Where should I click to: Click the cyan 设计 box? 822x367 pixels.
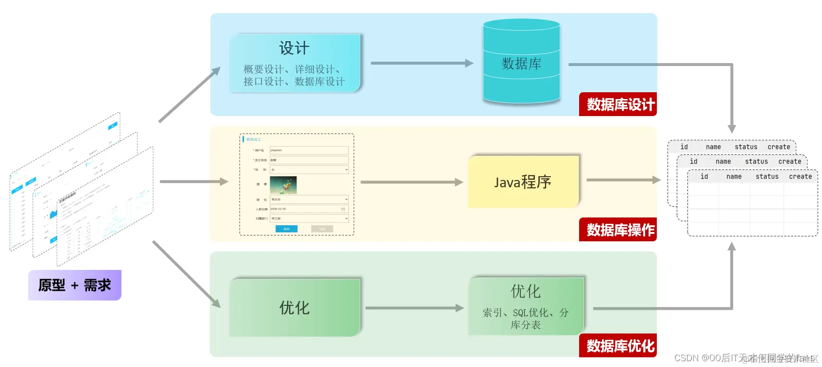pos(295,63)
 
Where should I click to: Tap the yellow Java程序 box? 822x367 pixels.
pos(523,182)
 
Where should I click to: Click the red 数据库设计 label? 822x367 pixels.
pos(618,104)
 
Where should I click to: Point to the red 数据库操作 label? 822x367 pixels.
pos(618,230)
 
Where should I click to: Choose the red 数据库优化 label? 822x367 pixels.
pos(618,346)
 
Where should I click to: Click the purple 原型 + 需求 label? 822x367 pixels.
pos(75,285)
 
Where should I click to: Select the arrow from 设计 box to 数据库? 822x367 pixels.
pos(421,63)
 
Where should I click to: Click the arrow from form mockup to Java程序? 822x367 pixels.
pos(411,182)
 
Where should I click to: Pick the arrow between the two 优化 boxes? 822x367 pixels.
pos(414,308)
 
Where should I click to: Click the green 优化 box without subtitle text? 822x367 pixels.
pos(295,308)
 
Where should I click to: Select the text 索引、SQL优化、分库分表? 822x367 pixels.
pos(526,318)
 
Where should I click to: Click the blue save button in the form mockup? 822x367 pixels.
pos(287,229)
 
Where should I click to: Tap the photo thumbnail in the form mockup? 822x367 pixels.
pos(283,185)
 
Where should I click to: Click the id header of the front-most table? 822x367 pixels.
pos(704,177)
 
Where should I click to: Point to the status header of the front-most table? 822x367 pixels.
pos(767,177)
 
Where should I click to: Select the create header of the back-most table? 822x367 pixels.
pos(778,147)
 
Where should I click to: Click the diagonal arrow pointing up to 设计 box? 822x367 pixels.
pos(189,95)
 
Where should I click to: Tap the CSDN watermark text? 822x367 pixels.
pos(746,358)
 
